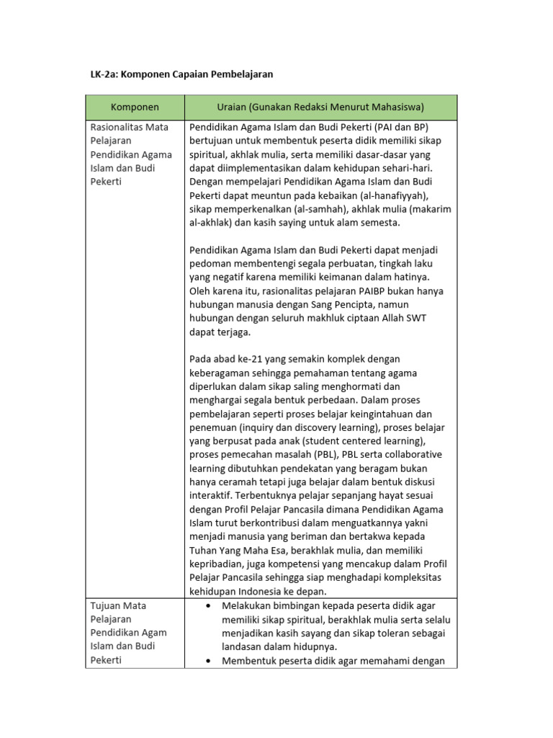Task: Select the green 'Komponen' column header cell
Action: (x=135, y=107)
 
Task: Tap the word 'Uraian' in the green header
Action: (x=233, y=107)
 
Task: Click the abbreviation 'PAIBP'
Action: (x=374, y=291)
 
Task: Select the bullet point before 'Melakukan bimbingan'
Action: (x=208, y=605)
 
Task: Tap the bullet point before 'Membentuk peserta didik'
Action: (x=208, y=660)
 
